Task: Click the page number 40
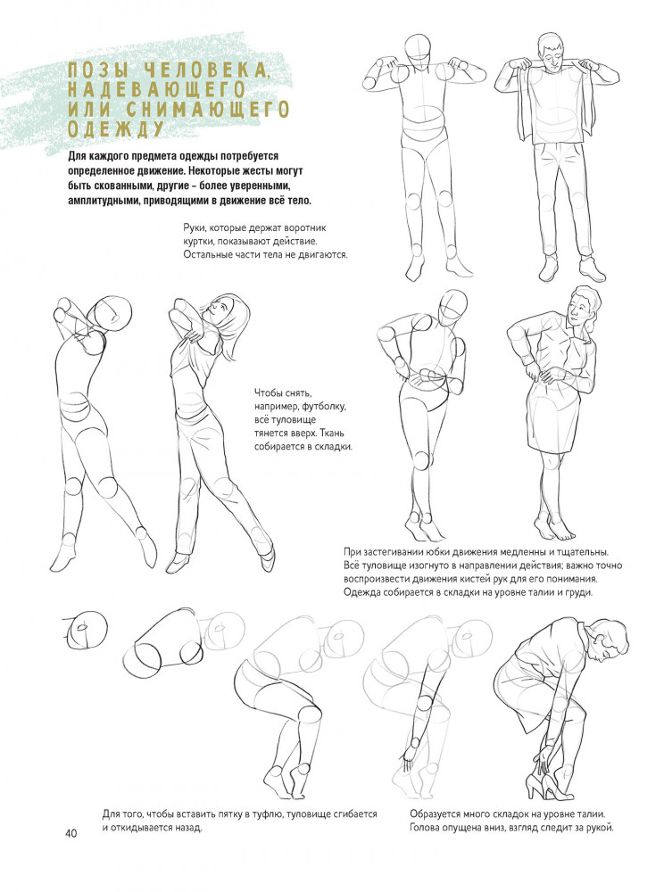click(71, 833)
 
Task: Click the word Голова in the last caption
click(425, 828)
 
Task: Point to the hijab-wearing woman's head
click(227, 314)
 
